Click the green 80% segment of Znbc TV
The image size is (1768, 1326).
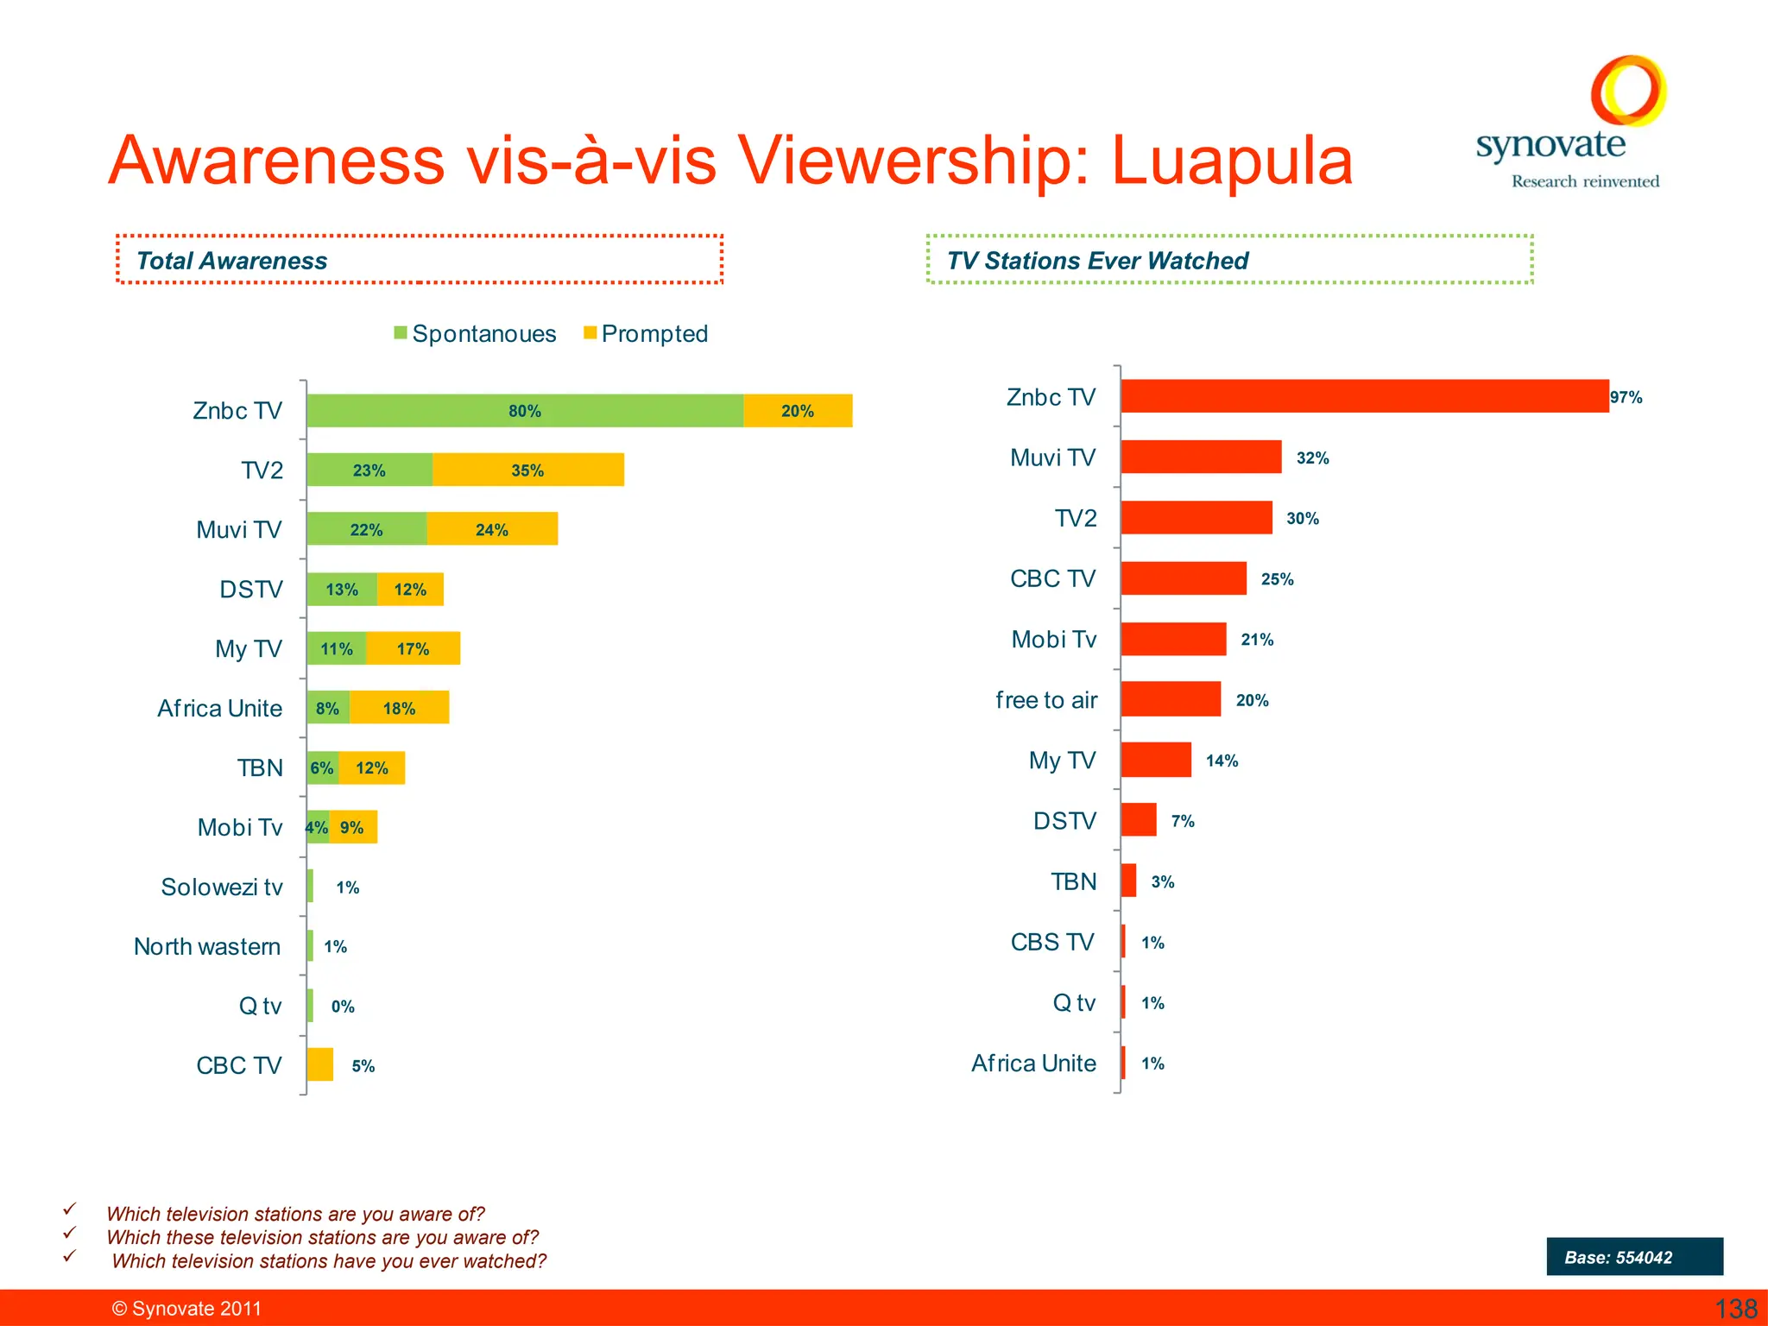click(x=525, y=411)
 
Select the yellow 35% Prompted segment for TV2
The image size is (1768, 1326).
click(x=527, y=470)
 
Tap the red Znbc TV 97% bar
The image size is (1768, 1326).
click(x=1364, y=396)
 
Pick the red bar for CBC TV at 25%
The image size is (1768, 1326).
click(x=1184, y=578)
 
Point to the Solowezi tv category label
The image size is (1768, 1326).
click(x=222, y=887)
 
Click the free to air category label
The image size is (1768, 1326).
click(x=1046, y=700)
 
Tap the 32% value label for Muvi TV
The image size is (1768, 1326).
click(x=1312, y=458)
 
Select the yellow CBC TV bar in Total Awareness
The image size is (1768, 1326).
click(x=320, y=1064)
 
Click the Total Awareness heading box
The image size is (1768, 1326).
click(x=420, y=260)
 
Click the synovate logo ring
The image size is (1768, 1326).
click(x=1628, y=91)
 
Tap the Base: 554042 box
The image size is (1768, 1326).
click(x=1634, y=1257)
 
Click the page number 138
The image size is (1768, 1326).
click(x=1735, y=1309)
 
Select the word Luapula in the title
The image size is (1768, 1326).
click(x=1232, y=161)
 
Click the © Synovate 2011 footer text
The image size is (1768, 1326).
click(x=186, y=1309)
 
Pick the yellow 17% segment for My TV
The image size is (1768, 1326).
click(x=413, y=649)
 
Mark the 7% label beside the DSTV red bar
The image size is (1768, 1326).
click(x=1183, y=822)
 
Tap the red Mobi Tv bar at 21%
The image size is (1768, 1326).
click(x=1173, y=640)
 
